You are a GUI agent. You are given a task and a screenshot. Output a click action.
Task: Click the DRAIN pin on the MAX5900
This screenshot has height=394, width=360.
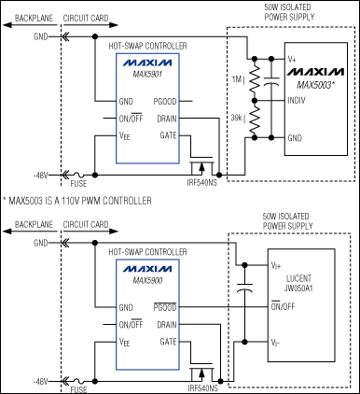[167, 324]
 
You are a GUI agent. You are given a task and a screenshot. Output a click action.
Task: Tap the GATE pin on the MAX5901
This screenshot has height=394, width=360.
[169, 135]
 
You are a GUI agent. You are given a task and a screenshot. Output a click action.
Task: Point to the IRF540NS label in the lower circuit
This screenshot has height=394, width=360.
[199, 387]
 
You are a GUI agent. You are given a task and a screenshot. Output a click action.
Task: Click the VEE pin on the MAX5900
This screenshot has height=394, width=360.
[125, 343]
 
